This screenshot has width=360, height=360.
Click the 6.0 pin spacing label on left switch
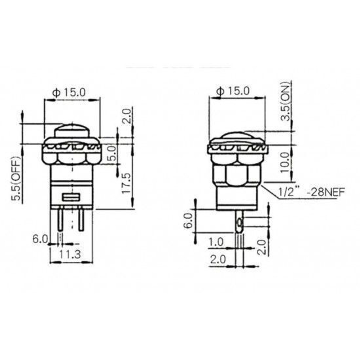coord(40,238)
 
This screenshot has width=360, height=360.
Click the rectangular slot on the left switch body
coord(71,197)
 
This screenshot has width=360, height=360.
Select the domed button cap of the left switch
coord(72,131)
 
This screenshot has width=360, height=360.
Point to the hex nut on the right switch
coord(237,174)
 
